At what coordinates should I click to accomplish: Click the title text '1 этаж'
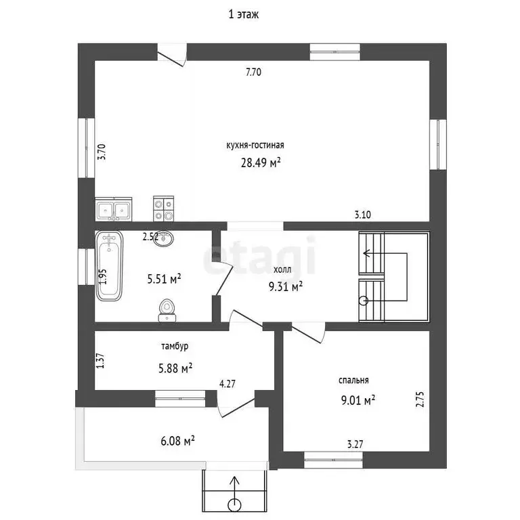pyautogui.click(x=244, y=15)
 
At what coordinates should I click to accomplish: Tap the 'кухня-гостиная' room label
pyautogui.click(x=255, y=146)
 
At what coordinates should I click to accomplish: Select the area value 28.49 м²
pyautogui.click(x=261, y=162)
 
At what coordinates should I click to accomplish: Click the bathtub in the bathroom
pyautogui.click(x=109, y=266)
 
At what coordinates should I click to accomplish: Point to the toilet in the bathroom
pyautogui.click(x=167, y=311)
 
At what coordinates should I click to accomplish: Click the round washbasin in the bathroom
pyautogui.click(x=164, y=238)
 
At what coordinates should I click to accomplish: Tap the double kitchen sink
pyautogui.click(x=114, y=209)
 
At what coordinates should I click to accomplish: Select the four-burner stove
pyautogui.click(x=163, y=209)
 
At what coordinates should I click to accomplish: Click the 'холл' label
pyautogui.click(x=282, y=269)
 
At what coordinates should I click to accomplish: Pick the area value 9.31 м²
pyautogui.click(x=286, y=286)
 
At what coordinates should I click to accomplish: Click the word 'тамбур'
pyautogui.click(x=175, y=346)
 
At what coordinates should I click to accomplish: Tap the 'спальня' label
pyautogui.click(x=353, y=381)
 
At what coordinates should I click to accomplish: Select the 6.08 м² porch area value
pyautogui.click(x=177, y=441)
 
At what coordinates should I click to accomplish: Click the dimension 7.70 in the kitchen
pyautogui.click(x=253, y=72)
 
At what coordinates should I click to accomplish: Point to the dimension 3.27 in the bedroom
pyautogui.click(x=355, y=444)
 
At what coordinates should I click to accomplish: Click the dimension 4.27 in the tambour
pyautogui.click(x=227, y=384)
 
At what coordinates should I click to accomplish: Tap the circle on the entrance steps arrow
pyautogui.click(x=235, y=505)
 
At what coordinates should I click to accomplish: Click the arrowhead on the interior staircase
pyautogui.click(x=366, y=254)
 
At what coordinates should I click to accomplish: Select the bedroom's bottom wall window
pyautogui.click(x=334, y=460)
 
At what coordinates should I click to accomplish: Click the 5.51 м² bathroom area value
pyautogui.click(x=164, y=279)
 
